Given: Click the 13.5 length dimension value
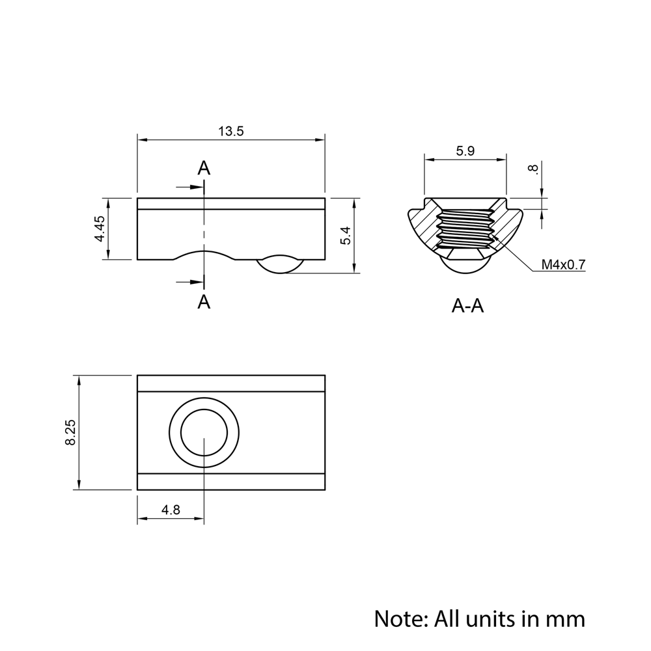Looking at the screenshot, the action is (x=231, y=132).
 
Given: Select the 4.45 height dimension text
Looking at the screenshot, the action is (x=100, y=229).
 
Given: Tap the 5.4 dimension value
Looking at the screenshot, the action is (x=346, y=236).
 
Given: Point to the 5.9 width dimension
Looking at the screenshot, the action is (x=465, y=151).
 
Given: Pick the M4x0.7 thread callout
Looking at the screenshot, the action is (x=563, y=264).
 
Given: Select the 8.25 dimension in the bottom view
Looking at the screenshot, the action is (x=70, y=433).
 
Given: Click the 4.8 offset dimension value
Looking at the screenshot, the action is (x=171, y=510).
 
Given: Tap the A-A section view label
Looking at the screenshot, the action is (x=467, y=306).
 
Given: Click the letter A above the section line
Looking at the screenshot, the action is (x=204, y=168).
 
